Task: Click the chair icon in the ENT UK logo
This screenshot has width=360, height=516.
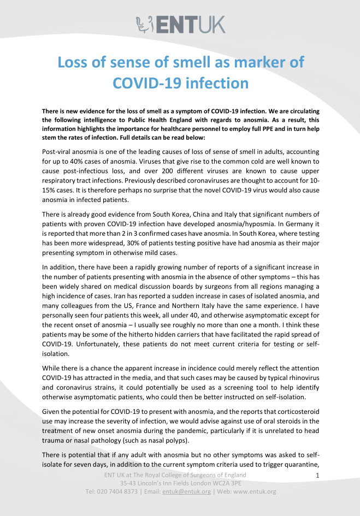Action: pos(144,24)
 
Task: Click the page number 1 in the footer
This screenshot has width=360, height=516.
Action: pos(317,476)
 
